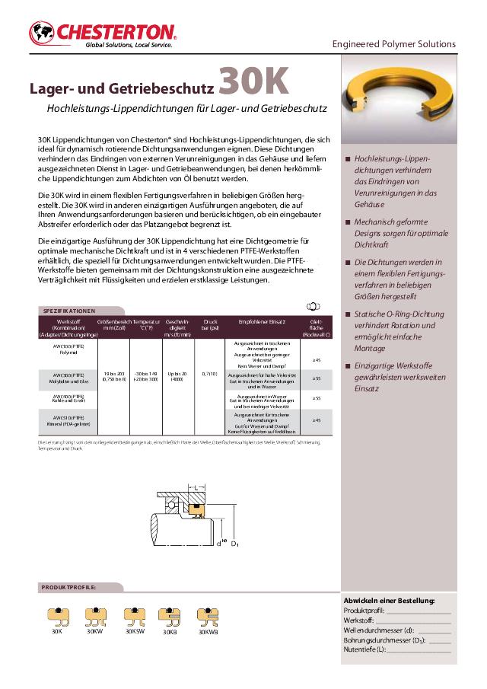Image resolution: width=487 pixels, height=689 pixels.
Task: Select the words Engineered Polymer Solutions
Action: pyautogui.click(x=393, y=44)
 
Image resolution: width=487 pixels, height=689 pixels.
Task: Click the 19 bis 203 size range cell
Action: pyautogui.click(x=113, y=377)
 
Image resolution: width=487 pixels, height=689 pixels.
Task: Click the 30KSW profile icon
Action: pyautogui.click(x=135, y=615)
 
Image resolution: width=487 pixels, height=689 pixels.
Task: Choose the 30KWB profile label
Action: pyautogui.click(x=208, y=632)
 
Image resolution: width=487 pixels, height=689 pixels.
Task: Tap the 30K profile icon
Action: pyautogui.click(x=57, y=615)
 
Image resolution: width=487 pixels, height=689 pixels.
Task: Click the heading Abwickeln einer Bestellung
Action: pyautogui.click(x=389, y=601)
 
